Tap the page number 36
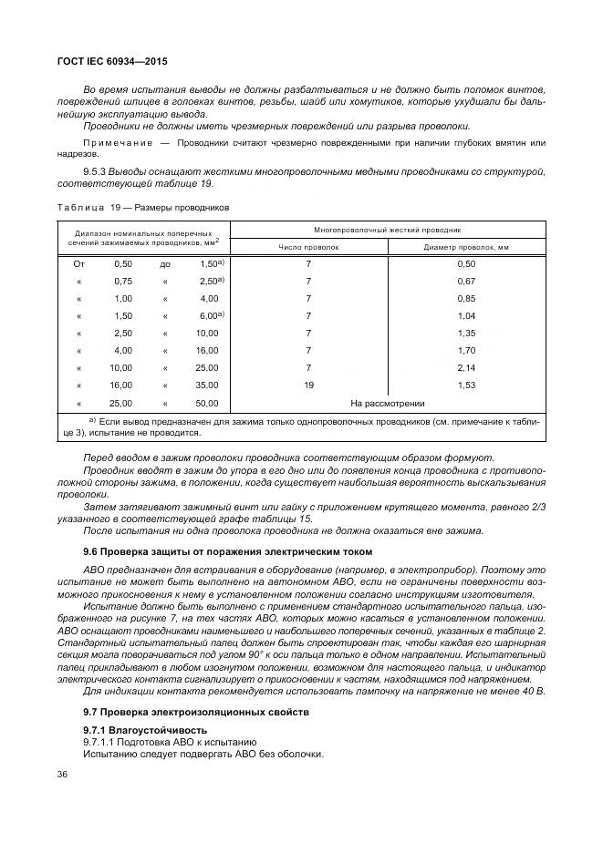pos(63,775)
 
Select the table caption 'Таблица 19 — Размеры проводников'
pos(144,207)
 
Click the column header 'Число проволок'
pos(308,247)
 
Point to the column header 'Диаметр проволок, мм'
pos(465,247)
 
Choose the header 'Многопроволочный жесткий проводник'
pos(387,230)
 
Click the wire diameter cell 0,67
pos(465,281)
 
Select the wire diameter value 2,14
pos(465,367)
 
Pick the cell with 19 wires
pos(308,385)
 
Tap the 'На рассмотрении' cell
pos(387,403)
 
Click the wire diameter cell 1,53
pos(465,385)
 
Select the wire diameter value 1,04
pos(465,315)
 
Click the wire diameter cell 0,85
pos(465,298)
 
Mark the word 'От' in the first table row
pos(78,263)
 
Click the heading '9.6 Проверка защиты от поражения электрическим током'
pos(214,553)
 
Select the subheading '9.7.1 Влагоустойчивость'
pos(145,730)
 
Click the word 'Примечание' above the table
pos(119,143)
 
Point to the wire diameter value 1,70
pos(465,350)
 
